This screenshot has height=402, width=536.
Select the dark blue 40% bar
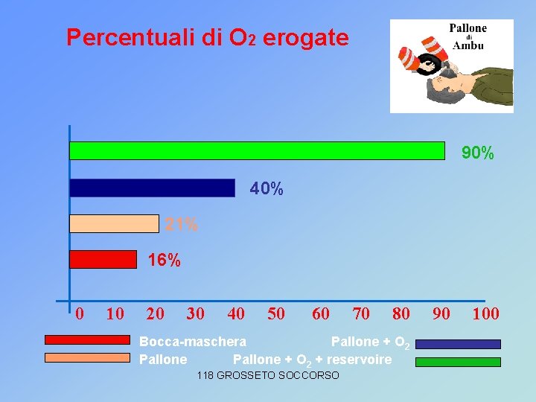pos(152,188)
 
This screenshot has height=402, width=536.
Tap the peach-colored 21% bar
pos(114,223)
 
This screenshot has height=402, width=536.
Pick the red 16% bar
pos(103,259)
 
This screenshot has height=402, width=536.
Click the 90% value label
pos(477,153)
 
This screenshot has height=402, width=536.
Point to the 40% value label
pos(267,190)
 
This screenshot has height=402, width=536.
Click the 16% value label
pos(164,261)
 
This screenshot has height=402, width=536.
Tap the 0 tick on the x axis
pos(80,313)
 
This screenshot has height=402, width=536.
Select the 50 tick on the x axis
pos(275,313)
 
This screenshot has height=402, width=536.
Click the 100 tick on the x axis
pos(485,313)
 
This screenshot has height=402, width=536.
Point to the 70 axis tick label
pos(361,313)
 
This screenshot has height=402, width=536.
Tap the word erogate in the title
pos(305,37)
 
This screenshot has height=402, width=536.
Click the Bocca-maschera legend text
pos(193,342)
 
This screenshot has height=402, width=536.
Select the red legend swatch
pos(87,339)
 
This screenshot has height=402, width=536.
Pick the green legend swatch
pos(458,363)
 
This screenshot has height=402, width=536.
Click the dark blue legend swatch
pos(458,344)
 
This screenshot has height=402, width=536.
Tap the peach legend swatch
pos(87,357)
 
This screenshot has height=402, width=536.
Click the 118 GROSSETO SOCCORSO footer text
pos(268,375)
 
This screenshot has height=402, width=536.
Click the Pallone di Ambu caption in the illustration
pos(468,36)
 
